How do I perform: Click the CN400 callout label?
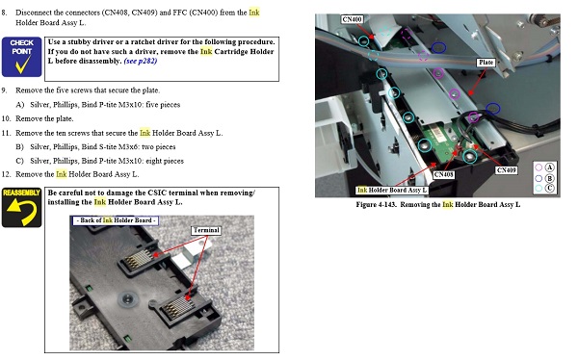pyautogui.click(x=352, y=19)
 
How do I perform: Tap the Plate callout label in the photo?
pyautogui.click(x=486, y=63)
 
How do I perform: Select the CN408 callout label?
pyautogui.click(x=443, y=174)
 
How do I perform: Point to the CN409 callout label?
pyautogui.click(x=506, y=170)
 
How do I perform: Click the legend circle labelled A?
pyautogui.click(x=539, y=167)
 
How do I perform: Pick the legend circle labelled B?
pyautogui.click(x=539, y=178)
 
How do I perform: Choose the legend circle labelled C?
pyautogui.click(x=539, y=189)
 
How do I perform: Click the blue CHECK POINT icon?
pyautogui.click(x=22, y=57)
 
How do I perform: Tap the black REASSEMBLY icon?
pyautogui.click(x=22, y=207)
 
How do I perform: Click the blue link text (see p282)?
pyautogui.click(x=141, y=62)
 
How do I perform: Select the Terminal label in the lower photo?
pyautogui.click(x=206, y=230)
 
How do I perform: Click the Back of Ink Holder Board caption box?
pyautogui.click(x=116, y=220)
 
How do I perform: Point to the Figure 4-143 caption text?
pyautogui.click(x=438, y=204)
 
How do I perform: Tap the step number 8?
pyautogui.click(x=4, y=13)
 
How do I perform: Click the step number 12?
pyautogui.click(x=6, y=174)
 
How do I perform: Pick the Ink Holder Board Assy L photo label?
pyautogui.click(x=391, y=191)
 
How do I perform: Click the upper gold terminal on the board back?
pyautogui.click(x=138, y=259)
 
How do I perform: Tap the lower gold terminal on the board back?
pyautogui.click(x=179, y=306)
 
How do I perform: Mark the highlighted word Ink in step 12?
pyautogui.click(x=62, y=174)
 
